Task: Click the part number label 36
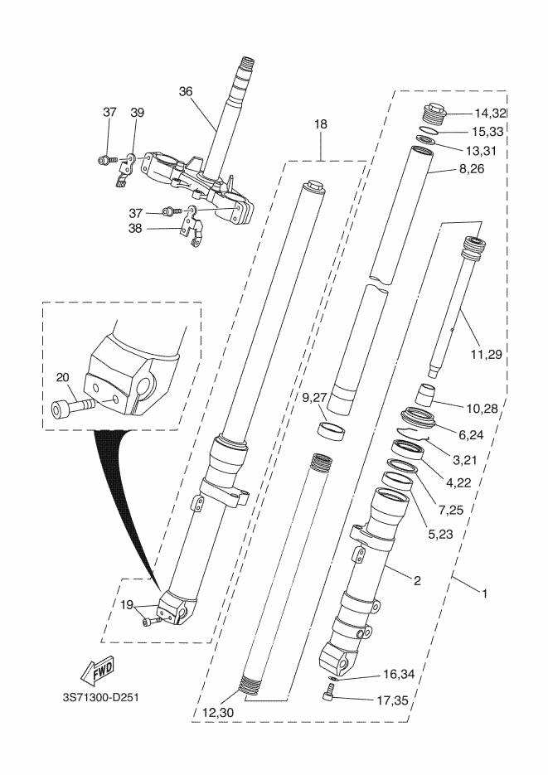click(x=185, y=92)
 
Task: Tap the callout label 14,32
click(x=490, y=113)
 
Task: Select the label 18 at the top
click(x=321, y=124)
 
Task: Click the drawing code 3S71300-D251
click(x=99, y=696)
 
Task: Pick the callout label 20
click(x=62, y=376)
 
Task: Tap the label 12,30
click(x=217, y=711)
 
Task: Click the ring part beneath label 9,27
click(x=332, y=430)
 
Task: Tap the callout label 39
click(x=137, y=113)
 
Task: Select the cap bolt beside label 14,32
click(x=434, y=111)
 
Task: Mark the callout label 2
click(x=417, y=581)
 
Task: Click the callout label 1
click(x=484, y=593)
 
